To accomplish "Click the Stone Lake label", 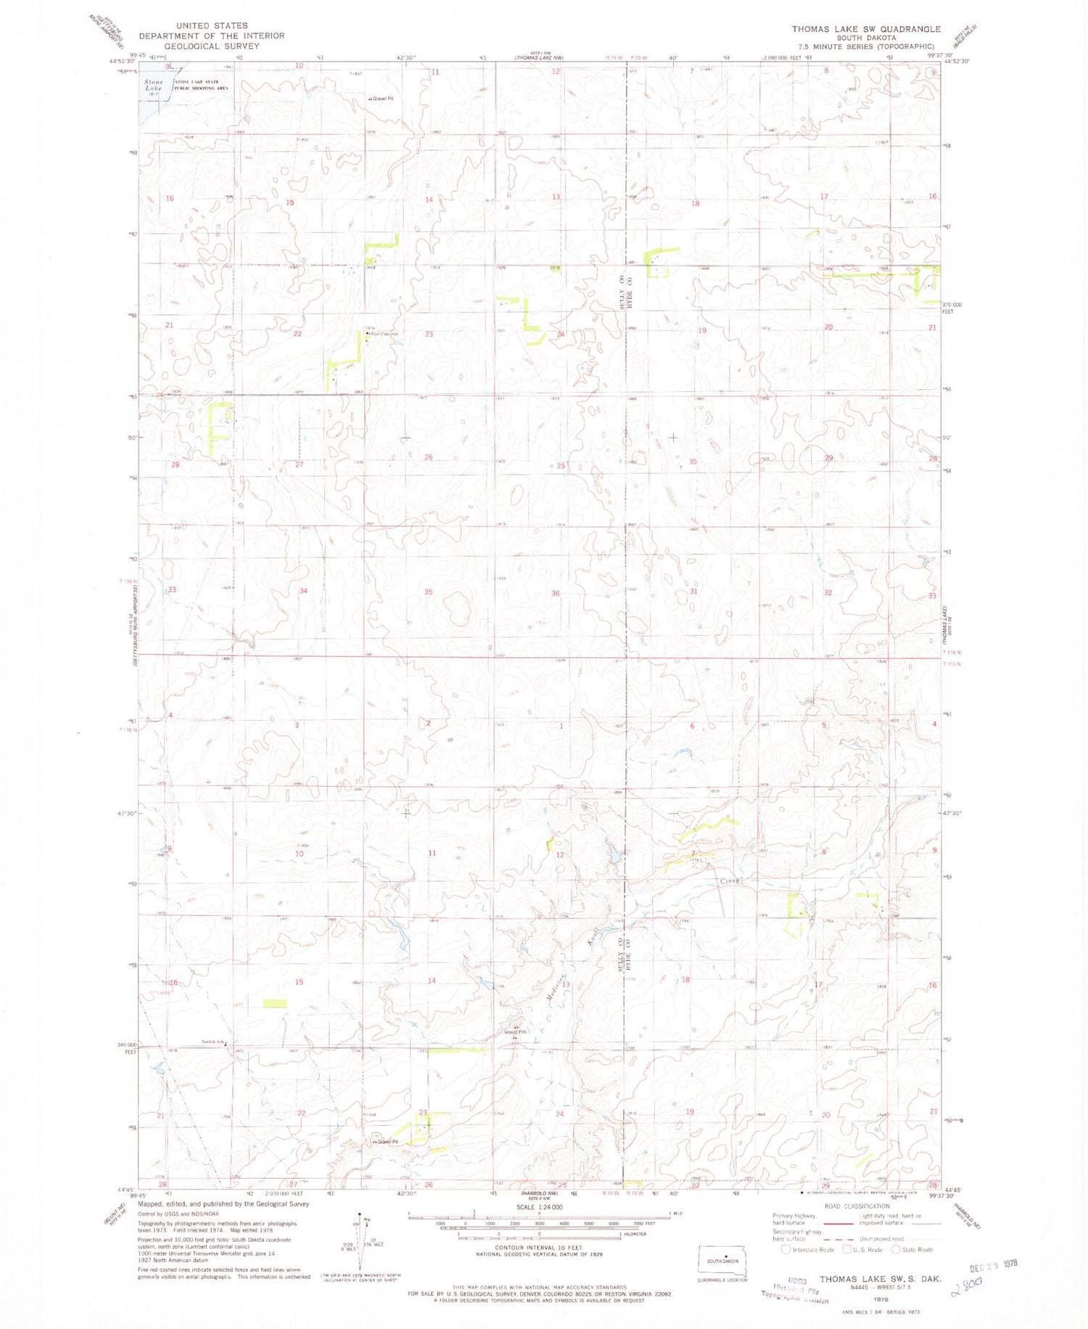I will click(153, 85).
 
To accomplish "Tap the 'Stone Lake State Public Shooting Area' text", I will click(202, 85).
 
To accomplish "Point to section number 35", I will click(429, 592).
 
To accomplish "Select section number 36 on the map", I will click(556, 594).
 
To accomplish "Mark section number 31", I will click(694, 592).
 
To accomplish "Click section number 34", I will click(303, 592).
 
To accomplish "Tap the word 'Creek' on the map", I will click(730, 880).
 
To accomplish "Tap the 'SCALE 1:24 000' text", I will click(540, 1207).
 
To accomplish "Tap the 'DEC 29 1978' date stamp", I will click(994, 1264).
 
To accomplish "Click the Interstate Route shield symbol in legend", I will click(786, 1250).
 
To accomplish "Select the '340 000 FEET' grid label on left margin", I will click(128, 1048).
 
